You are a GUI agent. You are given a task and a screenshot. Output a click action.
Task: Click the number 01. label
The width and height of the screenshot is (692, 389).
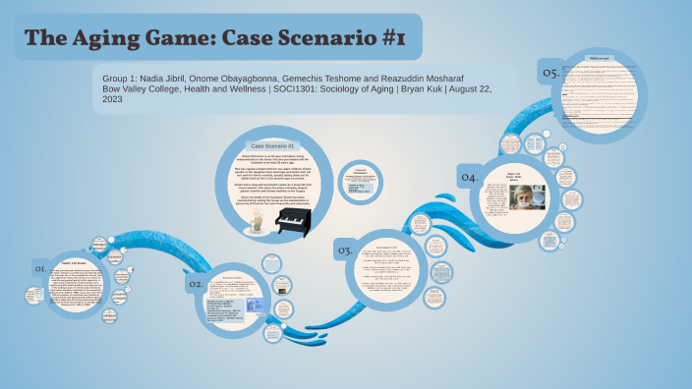click(41, 267)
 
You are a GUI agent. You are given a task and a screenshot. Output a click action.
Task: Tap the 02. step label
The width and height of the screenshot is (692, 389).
click(196, 284)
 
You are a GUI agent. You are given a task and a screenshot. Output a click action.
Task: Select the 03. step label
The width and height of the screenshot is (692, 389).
click(345, 251)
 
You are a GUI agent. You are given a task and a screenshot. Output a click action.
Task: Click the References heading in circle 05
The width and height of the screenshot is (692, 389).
click(601, 59)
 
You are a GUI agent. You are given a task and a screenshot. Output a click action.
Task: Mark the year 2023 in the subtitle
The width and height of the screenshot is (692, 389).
click(114, 100)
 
